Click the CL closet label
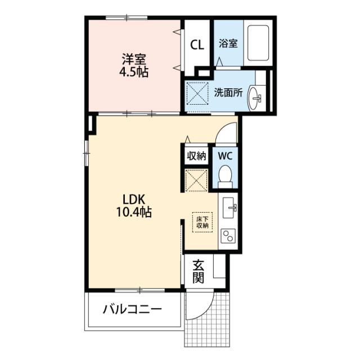tap(197, 45)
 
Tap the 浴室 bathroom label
tap(228, 43)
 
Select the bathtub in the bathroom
tap(258, 43)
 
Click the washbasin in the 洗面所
tap(255, 98)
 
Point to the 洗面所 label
tap(228, 92)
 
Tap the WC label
tap(225, 156)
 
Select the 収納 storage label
tap(196, 156)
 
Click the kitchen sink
tap(229, 208)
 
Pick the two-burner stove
tap(228, 236)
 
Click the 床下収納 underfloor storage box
tap(202, 222)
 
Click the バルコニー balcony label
tap(132, 309)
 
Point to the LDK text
tap(134, 199)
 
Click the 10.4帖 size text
tap(134, 211)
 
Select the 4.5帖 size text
tap(134, 72)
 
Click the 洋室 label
tap(134, 58)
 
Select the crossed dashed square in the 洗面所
tap(197, 93)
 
